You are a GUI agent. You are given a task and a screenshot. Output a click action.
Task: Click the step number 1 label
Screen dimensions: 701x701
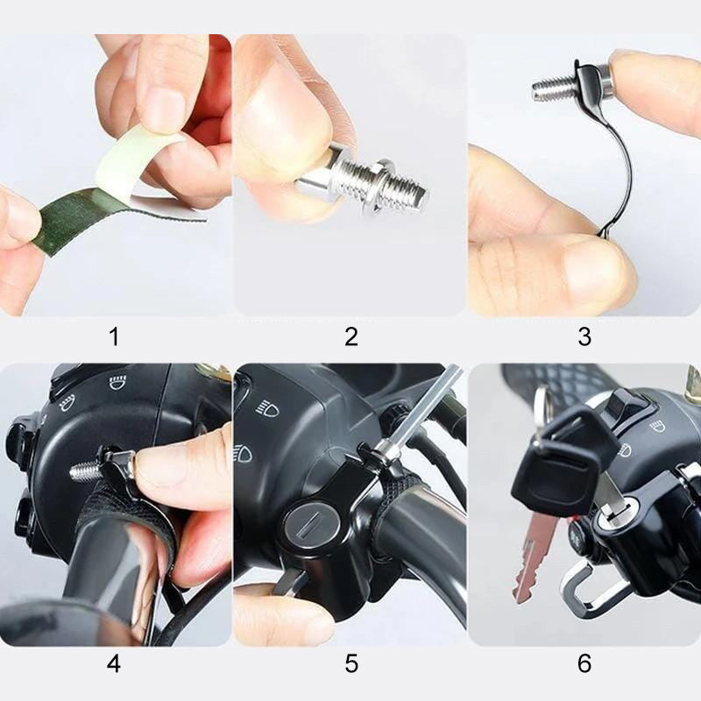tap(115, 336)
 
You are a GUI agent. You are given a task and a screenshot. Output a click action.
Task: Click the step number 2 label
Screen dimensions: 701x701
tap(351, 336)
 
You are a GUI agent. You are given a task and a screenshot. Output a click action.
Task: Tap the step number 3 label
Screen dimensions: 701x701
tap(584, 336)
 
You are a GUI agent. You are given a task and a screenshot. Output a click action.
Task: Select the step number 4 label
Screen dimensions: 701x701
tap(114, 663)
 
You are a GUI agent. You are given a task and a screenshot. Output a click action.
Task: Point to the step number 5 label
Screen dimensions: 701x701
tap(351, 663)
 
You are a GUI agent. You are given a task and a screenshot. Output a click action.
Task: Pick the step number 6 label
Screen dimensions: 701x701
tap(584, 663)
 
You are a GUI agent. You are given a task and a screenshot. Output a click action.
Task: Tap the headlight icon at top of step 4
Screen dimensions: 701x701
tap(117, 383)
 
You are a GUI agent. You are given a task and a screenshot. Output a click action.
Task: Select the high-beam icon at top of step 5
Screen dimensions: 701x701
tap(268, 407)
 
